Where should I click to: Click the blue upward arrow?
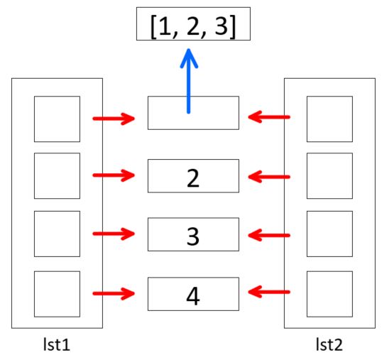189,81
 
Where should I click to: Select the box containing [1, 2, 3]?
193,23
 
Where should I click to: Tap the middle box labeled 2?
193,176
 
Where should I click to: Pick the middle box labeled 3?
193,234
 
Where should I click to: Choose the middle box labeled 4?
193,294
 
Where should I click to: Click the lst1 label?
57,344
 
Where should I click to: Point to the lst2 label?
329,344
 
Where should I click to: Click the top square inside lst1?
57,119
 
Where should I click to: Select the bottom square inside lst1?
57,294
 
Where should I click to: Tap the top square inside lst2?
329,119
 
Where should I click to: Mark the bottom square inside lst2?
329,294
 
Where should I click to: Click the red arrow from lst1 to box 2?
114,175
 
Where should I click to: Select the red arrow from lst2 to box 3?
269,235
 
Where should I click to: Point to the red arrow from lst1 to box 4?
114,293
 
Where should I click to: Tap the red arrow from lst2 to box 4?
269,292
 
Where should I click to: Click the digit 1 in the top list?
165,26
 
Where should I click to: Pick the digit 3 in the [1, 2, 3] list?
221,26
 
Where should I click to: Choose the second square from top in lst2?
329,175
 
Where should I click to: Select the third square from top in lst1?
57,234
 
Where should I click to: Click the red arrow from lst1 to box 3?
114,234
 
